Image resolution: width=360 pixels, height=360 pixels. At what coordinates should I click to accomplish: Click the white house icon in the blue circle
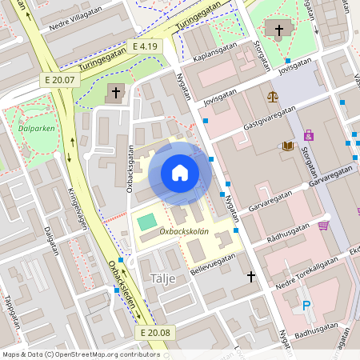point(180,173)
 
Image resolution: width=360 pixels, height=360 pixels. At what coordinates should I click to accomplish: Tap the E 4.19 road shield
point(146,46)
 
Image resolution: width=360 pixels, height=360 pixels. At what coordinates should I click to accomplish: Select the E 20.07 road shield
point(60,80)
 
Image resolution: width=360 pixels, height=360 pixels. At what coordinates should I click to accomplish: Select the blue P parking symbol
point(306,305)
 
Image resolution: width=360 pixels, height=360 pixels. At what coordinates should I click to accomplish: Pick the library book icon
point(287,146)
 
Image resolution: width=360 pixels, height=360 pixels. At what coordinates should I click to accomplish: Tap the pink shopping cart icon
point(323,226)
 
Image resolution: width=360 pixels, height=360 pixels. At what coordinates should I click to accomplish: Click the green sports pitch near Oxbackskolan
point(147,221)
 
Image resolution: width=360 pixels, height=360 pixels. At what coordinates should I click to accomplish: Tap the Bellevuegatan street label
point(214,263)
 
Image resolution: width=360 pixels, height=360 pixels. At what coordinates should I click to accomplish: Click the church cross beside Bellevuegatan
point(251,277)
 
